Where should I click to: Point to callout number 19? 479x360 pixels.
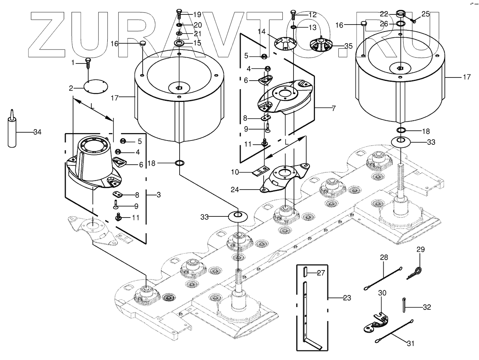pyautogui.click(x=197, y=15)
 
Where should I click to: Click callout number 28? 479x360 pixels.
pyautogui.click(x=384, y=258)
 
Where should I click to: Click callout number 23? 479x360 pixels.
pyautogui.click(x=347, y=298)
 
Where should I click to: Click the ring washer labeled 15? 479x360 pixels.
pyautogui.click(x=179, y=42)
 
